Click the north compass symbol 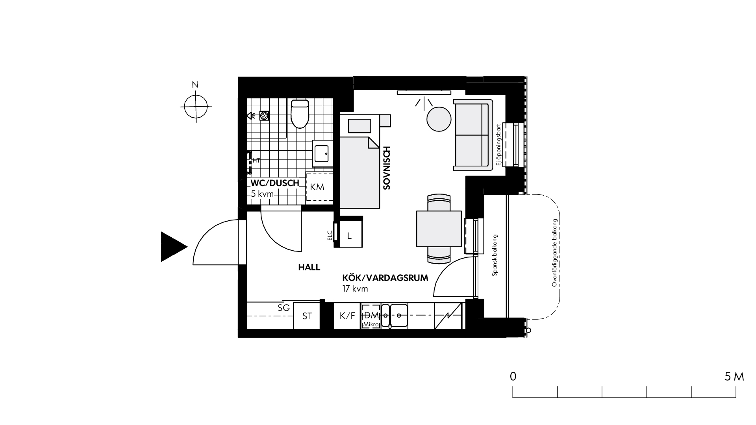(x=196, y=106)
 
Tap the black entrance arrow (x=174, y=247)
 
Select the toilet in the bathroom (x=300, y=114)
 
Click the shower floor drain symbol (x=265, y=116)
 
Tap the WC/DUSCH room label (x=275, y=183)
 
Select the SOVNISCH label (x=387, y=168)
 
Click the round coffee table (x=439, y=119)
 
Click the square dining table (x=439, y=229)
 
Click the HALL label (x=309, y=268)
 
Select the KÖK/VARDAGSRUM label (x=385, y=278)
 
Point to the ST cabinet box (x=307, y=316)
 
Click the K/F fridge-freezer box (x=347, y=316)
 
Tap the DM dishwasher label (x=371, y=315)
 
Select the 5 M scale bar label (x=734, y=377)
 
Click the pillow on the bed (x=359, y=126)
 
